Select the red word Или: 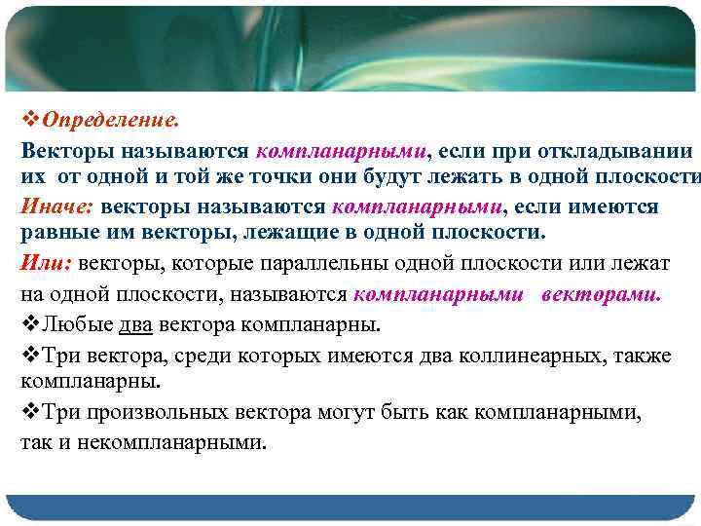click(x=46, y=263)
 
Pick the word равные click(x=57, y=234)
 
